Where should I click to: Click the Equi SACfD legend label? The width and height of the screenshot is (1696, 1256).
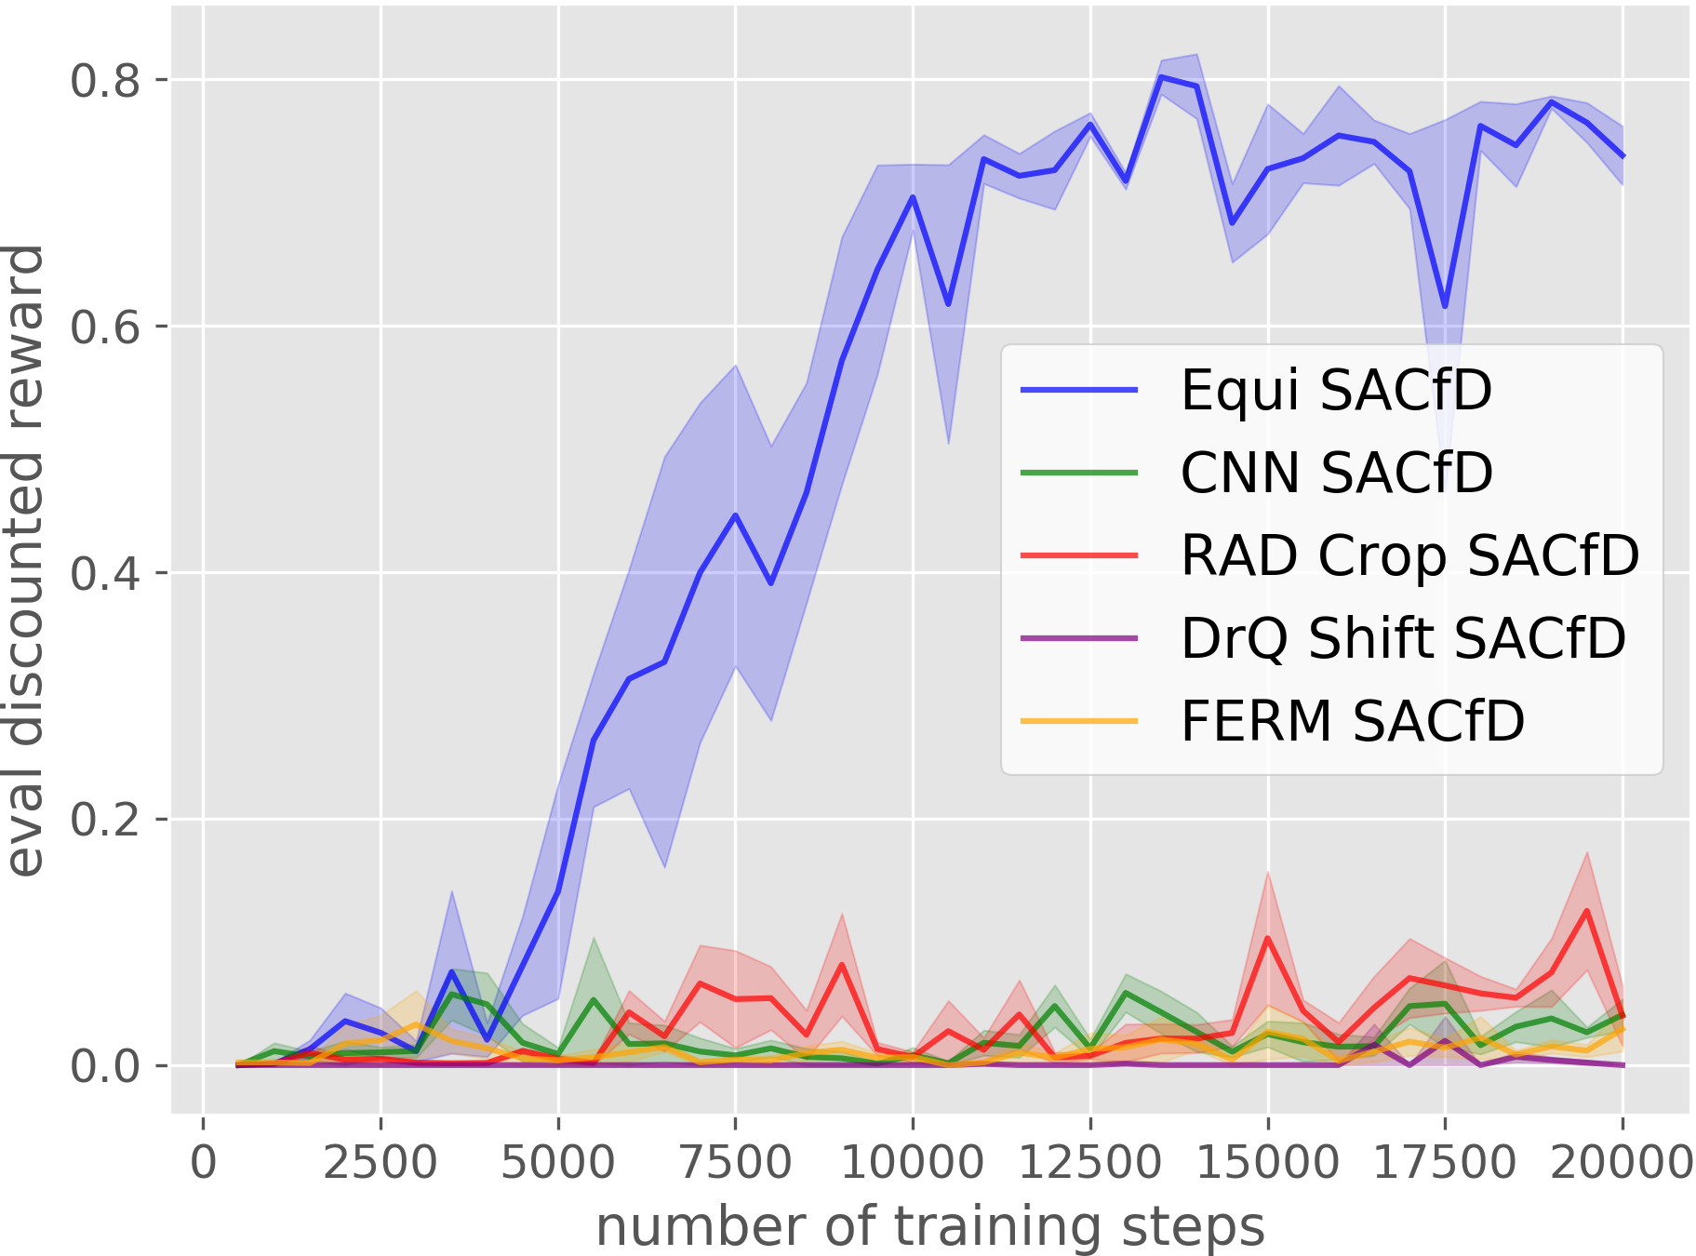tap(1336, 390)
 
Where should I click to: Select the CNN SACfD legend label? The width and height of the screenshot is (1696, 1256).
tap(1336, 473)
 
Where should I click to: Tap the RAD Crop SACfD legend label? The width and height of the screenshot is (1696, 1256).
tap(1409, 555)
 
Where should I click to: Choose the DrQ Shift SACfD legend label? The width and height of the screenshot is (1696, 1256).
tap(1403, 638)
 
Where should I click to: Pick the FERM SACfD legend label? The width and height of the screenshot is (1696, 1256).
tap(1353, 721)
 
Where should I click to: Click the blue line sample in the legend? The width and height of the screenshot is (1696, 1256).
tap(1079, 390)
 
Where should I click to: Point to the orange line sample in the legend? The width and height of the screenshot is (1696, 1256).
tap(1079, 721)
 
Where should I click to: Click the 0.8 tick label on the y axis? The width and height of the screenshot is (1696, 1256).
tap(105, 81)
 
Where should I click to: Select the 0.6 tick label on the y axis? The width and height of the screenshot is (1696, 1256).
tap(105, 327)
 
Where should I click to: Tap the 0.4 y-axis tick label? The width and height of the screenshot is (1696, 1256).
tap(105, 573)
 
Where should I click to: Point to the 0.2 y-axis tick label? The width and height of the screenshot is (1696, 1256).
tap(105, 820)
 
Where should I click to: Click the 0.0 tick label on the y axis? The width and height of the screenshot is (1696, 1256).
tap(105, 1065)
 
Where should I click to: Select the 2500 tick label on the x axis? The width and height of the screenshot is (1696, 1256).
tap(380, 1163)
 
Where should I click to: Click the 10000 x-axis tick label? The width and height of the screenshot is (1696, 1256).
tap(912, 1163)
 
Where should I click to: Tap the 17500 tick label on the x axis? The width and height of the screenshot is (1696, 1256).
tap(1445, 1163)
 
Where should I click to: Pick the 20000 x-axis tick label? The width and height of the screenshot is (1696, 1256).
tap(1622, 1163)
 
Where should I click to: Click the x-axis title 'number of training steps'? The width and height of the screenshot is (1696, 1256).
tap(930, 1226)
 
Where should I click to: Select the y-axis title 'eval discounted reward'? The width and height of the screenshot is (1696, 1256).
tap(25, 561)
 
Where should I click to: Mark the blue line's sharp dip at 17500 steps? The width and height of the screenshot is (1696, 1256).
tap(1445, 306)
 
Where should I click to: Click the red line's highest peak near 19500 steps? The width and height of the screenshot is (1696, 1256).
tap(1586, 911)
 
